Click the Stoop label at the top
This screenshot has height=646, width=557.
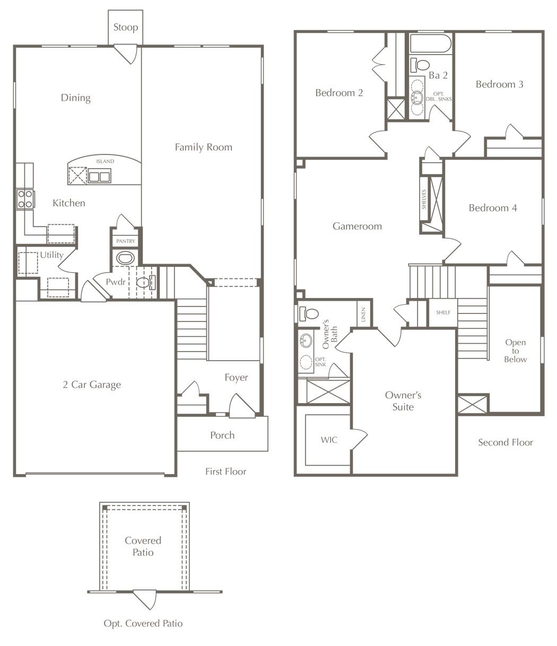tap(126, 27)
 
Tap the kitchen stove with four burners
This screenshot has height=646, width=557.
tap(25, 199)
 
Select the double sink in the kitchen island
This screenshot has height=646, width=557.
tap(99, 176)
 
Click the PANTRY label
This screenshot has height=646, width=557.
tap(126, 241)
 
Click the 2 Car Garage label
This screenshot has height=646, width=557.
tap(91, 385)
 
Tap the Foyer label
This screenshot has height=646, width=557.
tap(236, 378)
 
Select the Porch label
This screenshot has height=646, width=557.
tap(222, 435)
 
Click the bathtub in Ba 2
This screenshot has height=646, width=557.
tap(430, 43)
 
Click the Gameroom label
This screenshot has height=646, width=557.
tap(357, 226)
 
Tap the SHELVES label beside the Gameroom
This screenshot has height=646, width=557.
tap(424, 199)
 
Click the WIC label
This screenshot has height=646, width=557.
tap(329, 440)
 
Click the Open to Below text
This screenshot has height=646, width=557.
tap(515, 351)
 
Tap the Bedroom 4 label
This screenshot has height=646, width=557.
tap(492, 208)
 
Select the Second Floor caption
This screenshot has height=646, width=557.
tap(505, 442)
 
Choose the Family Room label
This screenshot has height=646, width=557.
tap(203, 147)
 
